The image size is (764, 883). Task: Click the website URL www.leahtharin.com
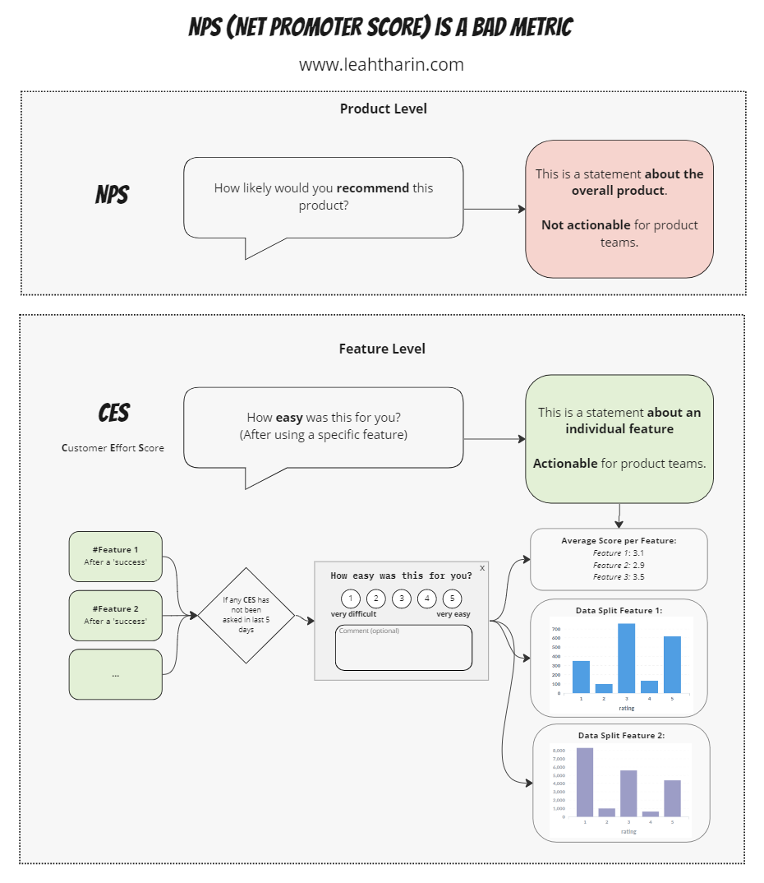pos(381,64)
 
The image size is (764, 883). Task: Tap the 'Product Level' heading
pos(383,109)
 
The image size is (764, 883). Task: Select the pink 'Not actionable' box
pos(619,208)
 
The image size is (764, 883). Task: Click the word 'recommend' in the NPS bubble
pos(372,187)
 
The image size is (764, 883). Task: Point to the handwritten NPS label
pos(113,196)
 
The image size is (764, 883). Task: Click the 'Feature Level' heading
pos(382,349)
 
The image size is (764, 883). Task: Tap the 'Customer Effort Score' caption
pos(113,448)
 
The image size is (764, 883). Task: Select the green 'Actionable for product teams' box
pos(619,438)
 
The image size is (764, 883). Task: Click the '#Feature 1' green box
pos(115,556)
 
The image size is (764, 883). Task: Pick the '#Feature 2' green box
pos(115,615)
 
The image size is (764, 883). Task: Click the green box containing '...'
pos(115,674)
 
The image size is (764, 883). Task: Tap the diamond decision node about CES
pos(246,615)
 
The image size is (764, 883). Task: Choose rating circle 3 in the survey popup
pos(401,599)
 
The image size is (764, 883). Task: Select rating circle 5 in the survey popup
pos(452,599)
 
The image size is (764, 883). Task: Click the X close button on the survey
pos(482,567)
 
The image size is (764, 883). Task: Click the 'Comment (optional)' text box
pos(403,648)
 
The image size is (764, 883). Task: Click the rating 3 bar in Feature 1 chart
pos(626,658)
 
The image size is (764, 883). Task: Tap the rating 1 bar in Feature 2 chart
pos(585,781)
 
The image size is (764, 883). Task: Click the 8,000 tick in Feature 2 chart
pos(559,751)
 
